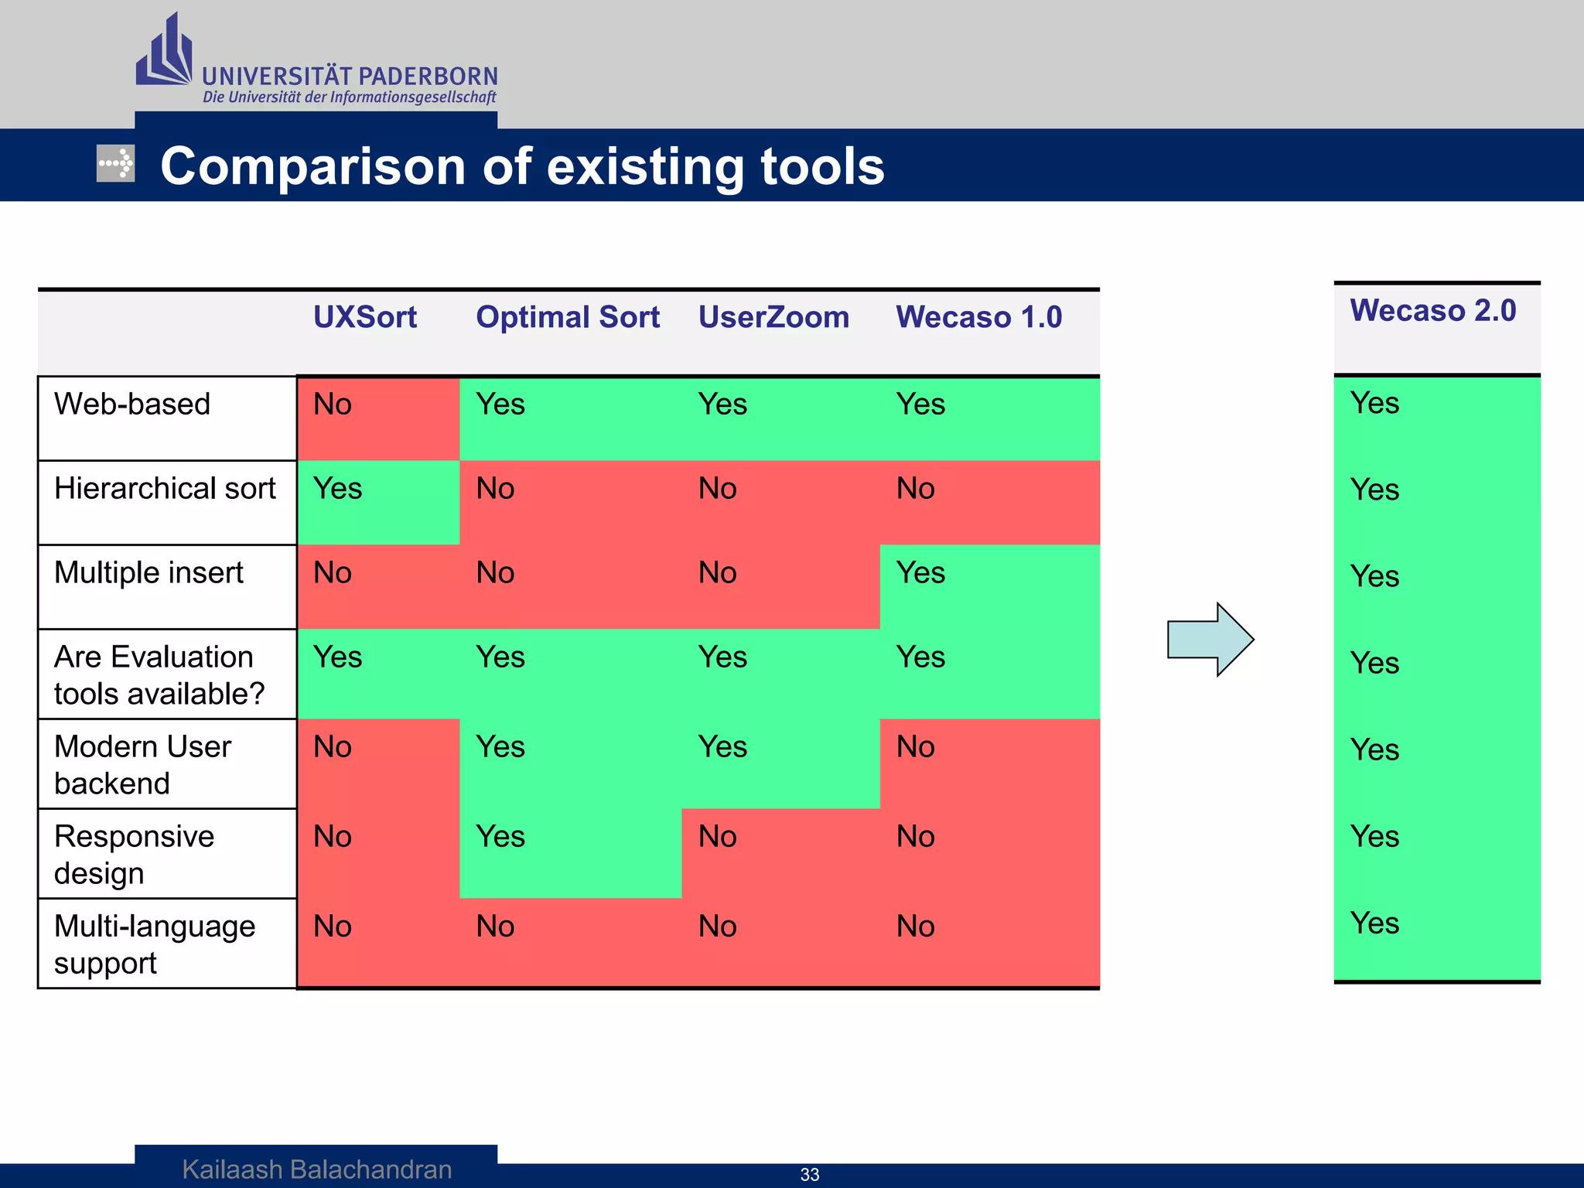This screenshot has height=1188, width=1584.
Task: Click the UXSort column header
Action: coord(364,317)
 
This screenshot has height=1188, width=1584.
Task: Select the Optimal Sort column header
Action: coord(567,317)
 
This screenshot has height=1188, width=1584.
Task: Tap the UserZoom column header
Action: coord(773,317)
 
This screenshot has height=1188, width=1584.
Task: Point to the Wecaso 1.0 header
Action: coord(978,317)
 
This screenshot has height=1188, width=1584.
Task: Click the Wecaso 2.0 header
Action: coord(1432,310)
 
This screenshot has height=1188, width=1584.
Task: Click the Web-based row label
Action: coord(132,404)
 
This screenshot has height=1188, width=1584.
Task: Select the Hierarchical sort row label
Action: coord(165,488)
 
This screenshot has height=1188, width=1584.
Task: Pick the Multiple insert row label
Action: coord(148,572)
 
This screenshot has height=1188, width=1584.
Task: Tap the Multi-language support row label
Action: coord(154,944)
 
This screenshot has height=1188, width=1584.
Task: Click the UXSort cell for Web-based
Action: coord(333,405)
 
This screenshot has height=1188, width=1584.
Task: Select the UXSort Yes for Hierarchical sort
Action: coord(338,489)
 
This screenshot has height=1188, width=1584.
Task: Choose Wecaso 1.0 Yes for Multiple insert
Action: coord(920,573)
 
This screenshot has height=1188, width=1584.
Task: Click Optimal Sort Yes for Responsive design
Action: coord(500,837)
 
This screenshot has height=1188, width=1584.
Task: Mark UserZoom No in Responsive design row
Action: coord(717,837)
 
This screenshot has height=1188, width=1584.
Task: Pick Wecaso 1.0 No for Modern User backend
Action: coord(915,747)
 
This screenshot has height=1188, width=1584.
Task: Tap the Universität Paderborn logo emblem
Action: coord(164,52)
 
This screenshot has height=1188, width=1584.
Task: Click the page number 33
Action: coord(809,1174)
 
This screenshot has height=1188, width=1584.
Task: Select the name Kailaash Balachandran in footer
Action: coord(316,1169)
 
